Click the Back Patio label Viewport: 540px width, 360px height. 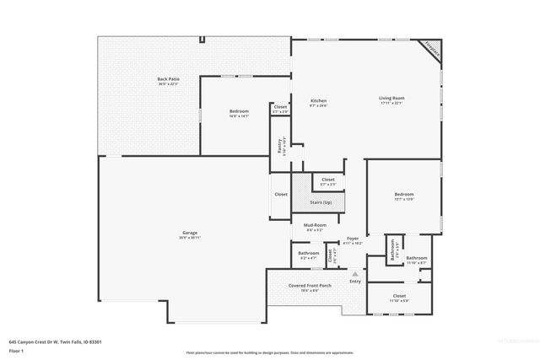tap(167, 78)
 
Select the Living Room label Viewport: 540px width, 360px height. tap(391, 98)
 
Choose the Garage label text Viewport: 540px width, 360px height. tap(190, 234)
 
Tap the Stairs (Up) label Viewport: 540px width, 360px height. tap(321, 202)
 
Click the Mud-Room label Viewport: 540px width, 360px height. tap(314, 226)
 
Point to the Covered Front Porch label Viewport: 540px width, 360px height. tap(310, 285)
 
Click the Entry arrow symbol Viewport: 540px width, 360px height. tap(355, 274)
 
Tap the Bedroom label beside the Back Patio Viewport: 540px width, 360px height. tap(239, 111)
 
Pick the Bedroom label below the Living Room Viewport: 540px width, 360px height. tap(403, 195)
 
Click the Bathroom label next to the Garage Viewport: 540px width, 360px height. tap(308, 253)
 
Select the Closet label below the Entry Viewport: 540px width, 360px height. tap(399, 295)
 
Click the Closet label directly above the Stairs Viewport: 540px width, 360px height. tap(327, 180)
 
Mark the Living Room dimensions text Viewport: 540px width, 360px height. tap(391, 104)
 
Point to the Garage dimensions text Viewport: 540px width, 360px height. tap(190, 239)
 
